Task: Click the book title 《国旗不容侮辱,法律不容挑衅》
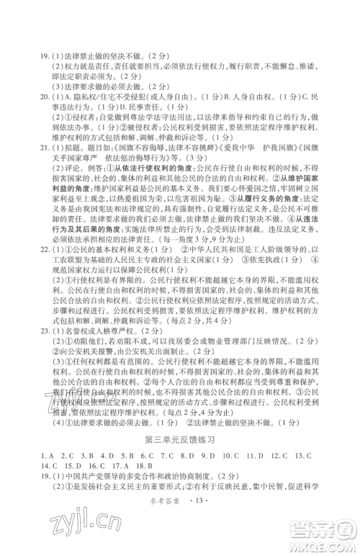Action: [x=150, y=144]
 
